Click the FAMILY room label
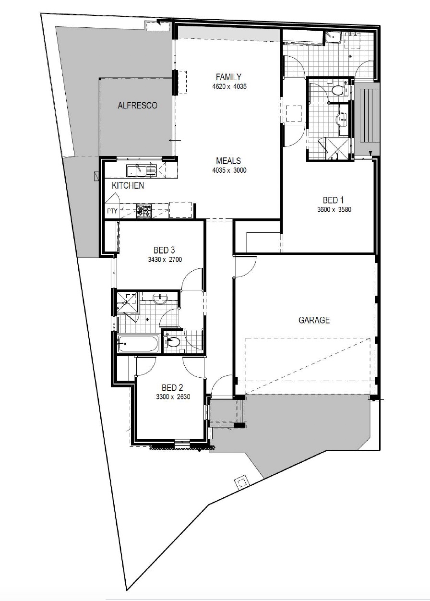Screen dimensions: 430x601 [228, 77]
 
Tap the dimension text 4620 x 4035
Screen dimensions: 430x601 [229, 87]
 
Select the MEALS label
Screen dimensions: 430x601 [228, 161]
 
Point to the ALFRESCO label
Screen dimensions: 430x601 [137, 106]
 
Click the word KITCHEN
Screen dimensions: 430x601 [128, 185]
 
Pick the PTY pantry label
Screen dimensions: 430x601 [112, 211]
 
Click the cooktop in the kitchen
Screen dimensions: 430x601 [144, 211]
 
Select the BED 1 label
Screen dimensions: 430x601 [333, 200]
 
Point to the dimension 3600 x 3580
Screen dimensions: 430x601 [334, 210]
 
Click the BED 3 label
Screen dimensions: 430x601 [164, 250]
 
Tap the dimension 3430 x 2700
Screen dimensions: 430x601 [165, 259]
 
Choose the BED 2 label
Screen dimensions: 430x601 [172, 388]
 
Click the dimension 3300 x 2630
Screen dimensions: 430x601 [173, 397]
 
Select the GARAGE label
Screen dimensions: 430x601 [314, 320]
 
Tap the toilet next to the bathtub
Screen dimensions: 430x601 [173, 342]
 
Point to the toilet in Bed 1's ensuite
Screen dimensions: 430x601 [337, 90]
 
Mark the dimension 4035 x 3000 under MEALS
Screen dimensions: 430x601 [229, 170]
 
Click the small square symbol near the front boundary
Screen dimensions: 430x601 [242, 483]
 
